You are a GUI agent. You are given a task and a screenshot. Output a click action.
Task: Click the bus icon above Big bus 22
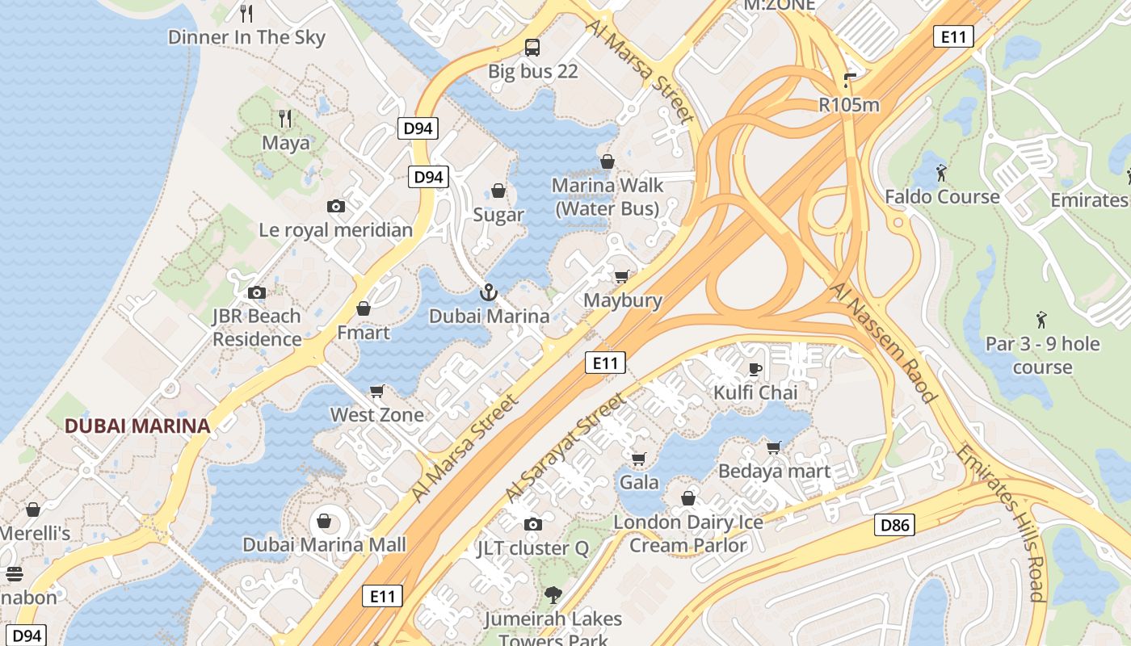532,47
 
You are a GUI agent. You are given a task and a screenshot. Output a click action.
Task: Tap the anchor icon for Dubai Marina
488,292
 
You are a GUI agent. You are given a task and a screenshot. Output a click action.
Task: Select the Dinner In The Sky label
246,37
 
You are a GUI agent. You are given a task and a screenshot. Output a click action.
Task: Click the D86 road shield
894,526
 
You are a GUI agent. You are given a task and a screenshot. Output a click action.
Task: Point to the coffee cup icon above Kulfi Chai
755,370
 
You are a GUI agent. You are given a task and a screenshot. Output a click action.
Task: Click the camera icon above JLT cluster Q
532,525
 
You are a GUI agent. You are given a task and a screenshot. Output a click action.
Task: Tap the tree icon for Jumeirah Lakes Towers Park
553,596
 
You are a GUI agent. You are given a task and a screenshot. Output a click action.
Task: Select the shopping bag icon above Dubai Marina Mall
324,521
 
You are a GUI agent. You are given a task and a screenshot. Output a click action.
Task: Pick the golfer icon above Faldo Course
941,173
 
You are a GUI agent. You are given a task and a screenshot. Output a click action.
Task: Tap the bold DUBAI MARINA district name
137,426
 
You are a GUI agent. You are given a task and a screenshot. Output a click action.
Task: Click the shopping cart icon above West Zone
376,392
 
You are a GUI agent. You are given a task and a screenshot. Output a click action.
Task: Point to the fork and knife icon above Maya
285,119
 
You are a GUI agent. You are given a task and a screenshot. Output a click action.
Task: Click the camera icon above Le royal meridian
336,207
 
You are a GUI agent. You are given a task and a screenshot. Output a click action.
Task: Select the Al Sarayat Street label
565,447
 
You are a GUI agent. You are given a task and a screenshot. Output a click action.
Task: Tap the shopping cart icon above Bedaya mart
774,447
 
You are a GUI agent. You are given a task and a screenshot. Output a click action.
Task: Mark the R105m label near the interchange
849,105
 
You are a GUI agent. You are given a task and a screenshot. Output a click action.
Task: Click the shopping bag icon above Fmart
364,309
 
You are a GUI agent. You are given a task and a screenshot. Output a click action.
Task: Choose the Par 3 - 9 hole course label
1042,355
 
